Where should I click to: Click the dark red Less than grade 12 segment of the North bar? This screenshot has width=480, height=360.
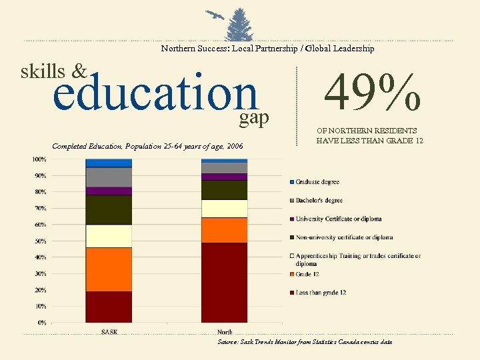tap(224, 282)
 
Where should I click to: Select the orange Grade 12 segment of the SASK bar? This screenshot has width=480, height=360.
tap(109, 269)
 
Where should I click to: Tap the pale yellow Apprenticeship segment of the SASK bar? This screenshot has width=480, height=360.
tap(109, 235)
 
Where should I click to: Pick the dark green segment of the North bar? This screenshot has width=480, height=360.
tap(224, 189)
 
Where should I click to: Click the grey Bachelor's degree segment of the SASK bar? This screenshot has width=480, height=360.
tap(109, 177)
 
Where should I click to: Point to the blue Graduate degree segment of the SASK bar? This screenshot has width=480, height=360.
tap(109, 163)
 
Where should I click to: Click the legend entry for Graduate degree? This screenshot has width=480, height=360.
tap(317, 182)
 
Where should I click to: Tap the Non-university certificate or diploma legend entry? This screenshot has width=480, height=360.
tap(344, 237)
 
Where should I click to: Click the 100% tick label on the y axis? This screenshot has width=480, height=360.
tap(39, 159)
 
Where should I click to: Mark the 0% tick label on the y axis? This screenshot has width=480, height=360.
tap(41, 322)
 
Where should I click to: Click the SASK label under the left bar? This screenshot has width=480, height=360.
tap(109, 331)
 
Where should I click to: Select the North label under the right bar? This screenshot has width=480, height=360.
tap(225, 331)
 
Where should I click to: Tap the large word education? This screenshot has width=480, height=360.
tap(155, 93)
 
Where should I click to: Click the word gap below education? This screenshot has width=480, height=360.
tap(254, 118)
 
